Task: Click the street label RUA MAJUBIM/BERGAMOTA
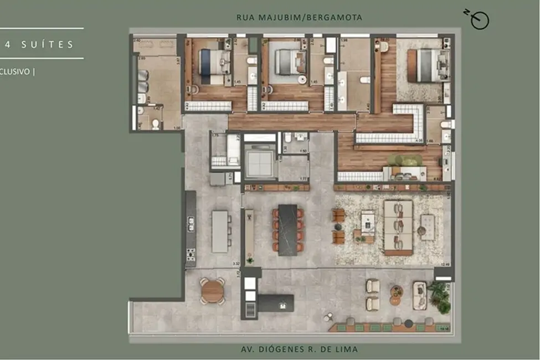[x=299, y=18]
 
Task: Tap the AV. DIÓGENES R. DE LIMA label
[x=299, y=349]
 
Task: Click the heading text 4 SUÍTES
[x=40, y=44]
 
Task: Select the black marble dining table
[x=287, y=230]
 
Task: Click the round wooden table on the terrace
[x=212, y=291]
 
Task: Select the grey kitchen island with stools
[x=220, y=232]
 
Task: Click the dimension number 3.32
[x=236, y=264]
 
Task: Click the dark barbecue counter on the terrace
[x=276, y=302]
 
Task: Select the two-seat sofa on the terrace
[x=419, y=296]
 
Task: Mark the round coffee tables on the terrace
[x=396, y=295]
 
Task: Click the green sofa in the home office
[x=404, y=161]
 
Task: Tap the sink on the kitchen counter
[x=191, y=223]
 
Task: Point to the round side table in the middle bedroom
[x=302, y=79]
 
